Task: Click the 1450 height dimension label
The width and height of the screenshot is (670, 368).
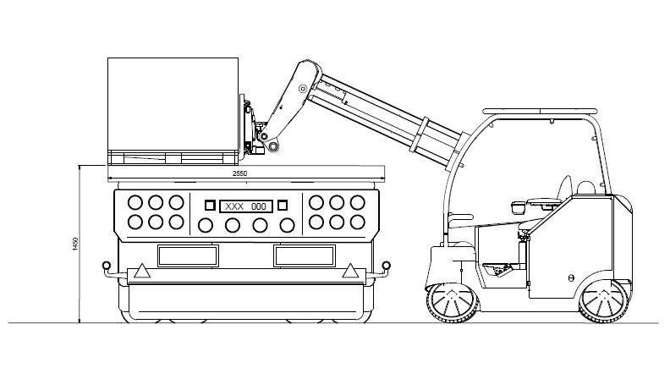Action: point(75,244)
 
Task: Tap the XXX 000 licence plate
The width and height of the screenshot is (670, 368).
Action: point(245,206)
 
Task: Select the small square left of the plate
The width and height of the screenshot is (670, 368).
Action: point(210,205)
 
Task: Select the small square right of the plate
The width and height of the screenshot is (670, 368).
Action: point(283,205)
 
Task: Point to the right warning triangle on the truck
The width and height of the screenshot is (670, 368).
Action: point(348,272)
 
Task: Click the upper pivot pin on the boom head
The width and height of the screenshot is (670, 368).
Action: point(303,90)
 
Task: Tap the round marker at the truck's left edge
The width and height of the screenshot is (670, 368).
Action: point(106,266)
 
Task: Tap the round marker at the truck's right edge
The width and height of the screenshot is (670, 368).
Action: point(386,266)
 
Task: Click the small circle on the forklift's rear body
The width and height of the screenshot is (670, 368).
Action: point(571,276)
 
